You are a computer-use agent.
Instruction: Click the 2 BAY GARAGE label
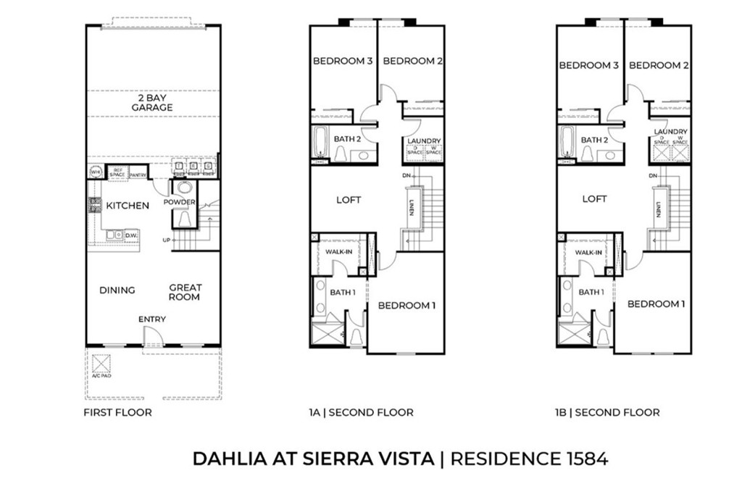click(x=152, y=102)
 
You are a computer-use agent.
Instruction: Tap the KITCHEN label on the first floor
click(x=128, y=206)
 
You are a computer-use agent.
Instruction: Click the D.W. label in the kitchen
click(x=131, y=235)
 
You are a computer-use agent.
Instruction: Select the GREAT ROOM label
click(x=185, y=292)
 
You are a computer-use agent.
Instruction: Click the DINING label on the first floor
click(x=117, y=290)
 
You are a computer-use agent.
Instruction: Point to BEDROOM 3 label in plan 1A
click(x=343, y=62)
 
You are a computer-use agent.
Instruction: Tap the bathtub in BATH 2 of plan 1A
click(x=320, y=142)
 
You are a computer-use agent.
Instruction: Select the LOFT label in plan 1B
click(x=595, y=199)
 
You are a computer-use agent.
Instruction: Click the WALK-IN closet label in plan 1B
click(x=588, y=253)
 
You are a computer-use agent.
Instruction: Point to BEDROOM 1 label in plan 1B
click(x=656, y=304)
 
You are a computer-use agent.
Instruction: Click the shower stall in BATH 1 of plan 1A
click(x=324, y=335)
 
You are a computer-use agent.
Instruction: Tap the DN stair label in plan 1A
click(x=407, y=176)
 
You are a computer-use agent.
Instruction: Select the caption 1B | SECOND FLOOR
click(x=607, y=413)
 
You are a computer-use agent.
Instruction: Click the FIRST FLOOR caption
click(x=117, y=413)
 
